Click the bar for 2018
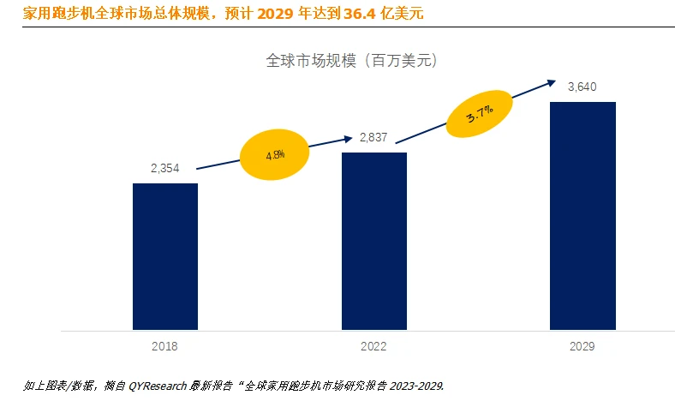(x=165, y=256)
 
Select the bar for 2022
(x=373, y=241)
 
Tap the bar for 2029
(x=582, y=215)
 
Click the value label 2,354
(x=164, y=169)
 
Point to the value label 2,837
(x=373, y=138)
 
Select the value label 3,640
(x=582, y=87)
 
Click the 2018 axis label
(x=164, y=347)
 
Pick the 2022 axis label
(x=373, y=347)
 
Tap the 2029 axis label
(x=582, y=347)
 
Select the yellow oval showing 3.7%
(x=480, y=113)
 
